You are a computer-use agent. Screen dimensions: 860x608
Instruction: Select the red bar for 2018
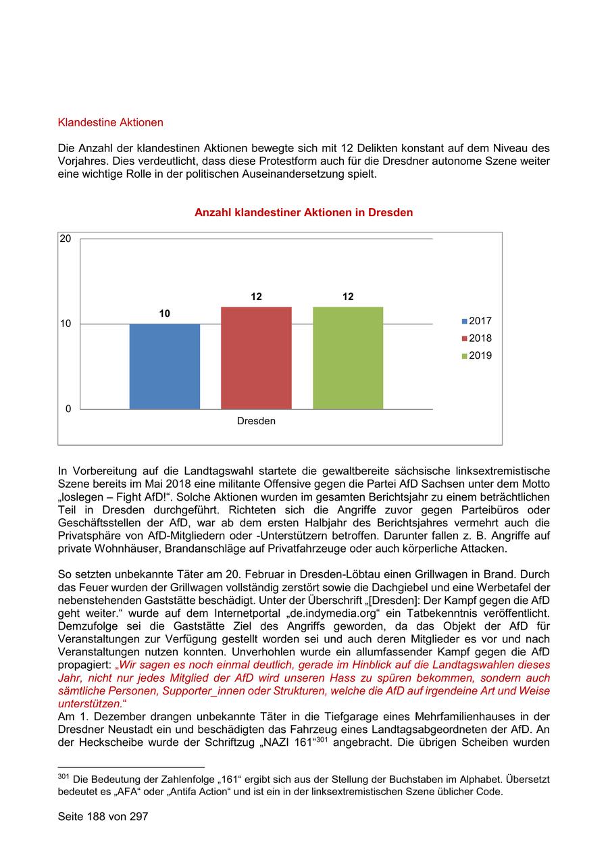pyautogui.click(x=256, y=358)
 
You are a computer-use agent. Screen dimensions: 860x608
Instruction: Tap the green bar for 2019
pyautogui.click(x=348, y=358)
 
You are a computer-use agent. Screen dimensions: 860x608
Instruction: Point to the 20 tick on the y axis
pyautogui.click(x=66, y=238)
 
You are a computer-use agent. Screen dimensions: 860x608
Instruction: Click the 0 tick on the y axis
pyautogui.click(x=68, y=409)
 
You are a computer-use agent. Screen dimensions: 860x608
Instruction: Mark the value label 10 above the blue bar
pyautogui.click(x=164, y=313)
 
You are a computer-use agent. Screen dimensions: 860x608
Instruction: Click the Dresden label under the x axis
pyautogui.click(x=256, y=421)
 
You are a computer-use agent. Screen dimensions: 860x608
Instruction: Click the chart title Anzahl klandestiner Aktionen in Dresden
pyautogui.click(x=303, y=213)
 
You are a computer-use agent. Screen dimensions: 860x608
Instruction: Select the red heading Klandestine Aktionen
pyautogui.click(x=111, y=123)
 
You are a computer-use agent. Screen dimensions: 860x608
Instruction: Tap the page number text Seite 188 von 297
pyautogui.click(x=103, y=817)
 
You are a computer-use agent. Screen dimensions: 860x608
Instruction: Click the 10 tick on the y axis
pyautogui.click(x=66, y=324)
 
